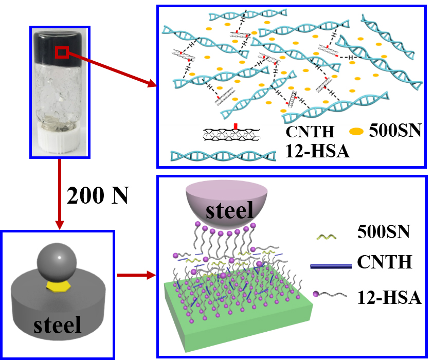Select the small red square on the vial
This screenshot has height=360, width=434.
coord(61,52)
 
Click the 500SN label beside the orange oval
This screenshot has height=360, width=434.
coord(395,132)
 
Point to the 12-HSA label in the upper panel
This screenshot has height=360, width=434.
coord(314,151)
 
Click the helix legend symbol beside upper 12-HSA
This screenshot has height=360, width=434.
coord(223,155)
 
